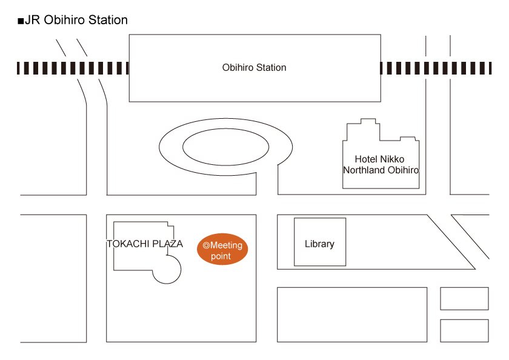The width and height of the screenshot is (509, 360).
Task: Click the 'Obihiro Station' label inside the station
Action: tap(254, 67)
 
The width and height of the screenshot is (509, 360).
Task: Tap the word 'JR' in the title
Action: tap(32, 20)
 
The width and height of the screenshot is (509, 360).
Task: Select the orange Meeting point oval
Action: tap(223, 249)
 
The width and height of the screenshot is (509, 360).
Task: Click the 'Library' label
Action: tap(319, 244)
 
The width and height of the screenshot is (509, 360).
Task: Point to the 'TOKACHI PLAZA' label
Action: tap(145, 244)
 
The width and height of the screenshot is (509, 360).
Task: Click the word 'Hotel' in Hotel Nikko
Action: tap(367, 159)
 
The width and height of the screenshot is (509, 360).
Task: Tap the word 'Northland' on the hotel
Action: tap(364, 170)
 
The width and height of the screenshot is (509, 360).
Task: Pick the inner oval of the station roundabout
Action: tap(225, 146)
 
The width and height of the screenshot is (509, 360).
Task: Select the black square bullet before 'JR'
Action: tap(21, 21)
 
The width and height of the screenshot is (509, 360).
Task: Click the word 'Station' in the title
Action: tap(107, 20)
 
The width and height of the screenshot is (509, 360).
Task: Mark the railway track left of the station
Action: tap(73, 68)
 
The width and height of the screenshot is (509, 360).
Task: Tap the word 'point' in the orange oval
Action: tap(221, 256)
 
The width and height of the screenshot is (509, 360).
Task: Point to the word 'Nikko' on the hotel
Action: tap(393, 159)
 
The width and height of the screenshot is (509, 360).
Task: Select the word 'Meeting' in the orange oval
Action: tap(226, 245)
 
